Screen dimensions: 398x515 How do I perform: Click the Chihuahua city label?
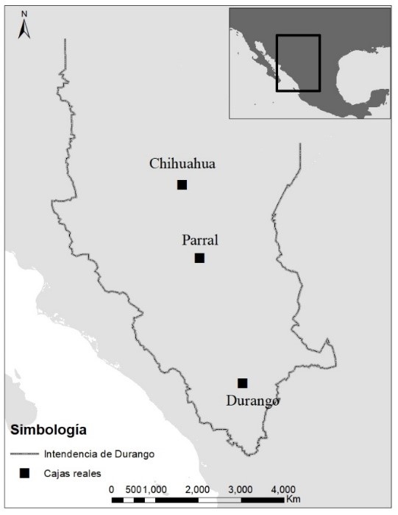pos(182,164)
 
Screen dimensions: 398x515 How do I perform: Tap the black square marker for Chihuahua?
pos(182,184)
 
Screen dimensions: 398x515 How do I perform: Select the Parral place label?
pos(200,240)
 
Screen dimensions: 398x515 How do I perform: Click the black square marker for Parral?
pos(199,258)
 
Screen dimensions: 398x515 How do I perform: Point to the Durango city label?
pos(252,401)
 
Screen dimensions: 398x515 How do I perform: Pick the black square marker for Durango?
pos(242,383)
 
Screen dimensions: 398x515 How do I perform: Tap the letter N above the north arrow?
pos(24,14)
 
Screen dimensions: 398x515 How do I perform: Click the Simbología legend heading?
pos(48,429)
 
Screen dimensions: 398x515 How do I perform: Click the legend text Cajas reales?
pos(71,473)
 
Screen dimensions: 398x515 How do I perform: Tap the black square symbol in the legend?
pos(24,473)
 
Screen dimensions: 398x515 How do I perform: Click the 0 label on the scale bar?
pos(112,489)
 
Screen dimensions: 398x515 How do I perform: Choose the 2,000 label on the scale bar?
pos(198,489)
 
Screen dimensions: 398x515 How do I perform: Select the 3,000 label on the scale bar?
pos(241,489)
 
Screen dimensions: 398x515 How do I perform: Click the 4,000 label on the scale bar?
pos(284,489)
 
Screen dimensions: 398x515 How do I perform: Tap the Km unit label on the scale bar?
pos(294,500)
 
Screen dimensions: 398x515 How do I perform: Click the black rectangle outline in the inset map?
pos(298,62)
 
